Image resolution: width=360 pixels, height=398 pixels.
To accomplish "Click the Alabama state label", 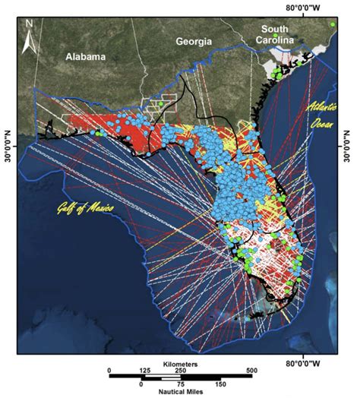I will click(x=85, y=56).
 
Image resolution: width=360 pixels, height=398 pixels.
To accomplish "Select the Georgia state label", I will click(x=193, y=42).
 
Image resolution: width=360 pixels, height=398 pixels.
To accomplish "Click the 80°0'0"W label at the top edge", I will click(x=306, y=8).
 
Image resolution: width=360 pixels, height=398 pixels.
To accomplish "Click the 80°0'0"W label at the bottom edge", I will click(x=306, y=362).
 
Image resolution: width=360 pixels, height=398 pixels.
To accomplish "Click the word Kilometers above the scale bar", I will click(x=179, y=364).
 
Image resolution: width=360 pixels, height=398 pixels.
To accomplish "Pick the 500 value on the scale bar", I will click(x=250, y=371).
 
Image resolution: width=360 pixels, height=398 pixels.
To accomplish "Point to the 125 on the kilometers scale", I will click(x=145, y=371).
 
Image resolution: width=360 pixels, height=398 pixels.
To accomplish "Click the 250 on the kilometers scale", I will click(x=180, y=371).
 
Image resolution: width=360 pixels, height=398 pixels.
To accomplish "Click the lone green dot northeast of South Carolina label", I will click(x=332, y=25).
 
